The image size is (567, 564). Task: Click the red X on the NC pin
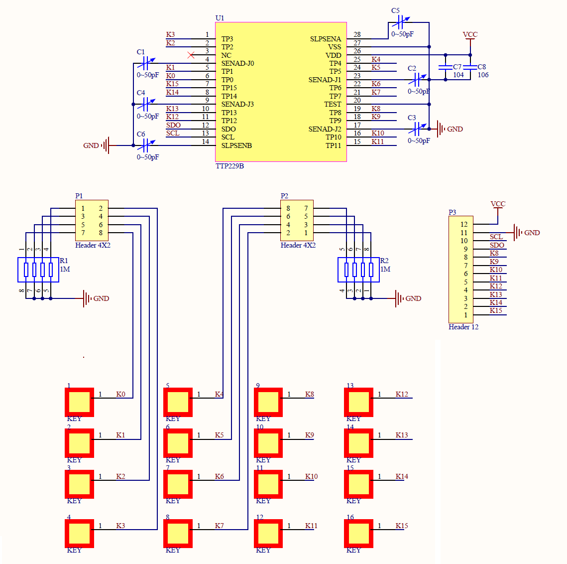click(191, 55)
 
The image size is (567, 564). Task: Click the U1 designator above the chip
click(220, 18)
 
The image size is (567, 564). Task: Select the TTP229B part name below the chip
click(229, 166)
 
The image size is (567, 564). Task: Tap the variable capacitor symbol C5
click(400, 22)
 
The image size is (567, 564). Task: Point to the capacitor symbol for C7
click(445, 67)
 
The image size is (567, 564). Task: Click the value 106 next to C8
click(483, 75)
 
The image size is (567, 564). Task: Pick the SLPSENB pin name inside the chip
click(236, 145)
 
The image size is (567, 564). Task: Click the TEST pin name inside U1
click(333, 104)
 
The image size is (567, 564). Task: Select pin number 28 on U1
click(357, 34)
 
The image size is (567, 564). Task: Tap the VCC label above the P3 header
click(498, 204)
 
